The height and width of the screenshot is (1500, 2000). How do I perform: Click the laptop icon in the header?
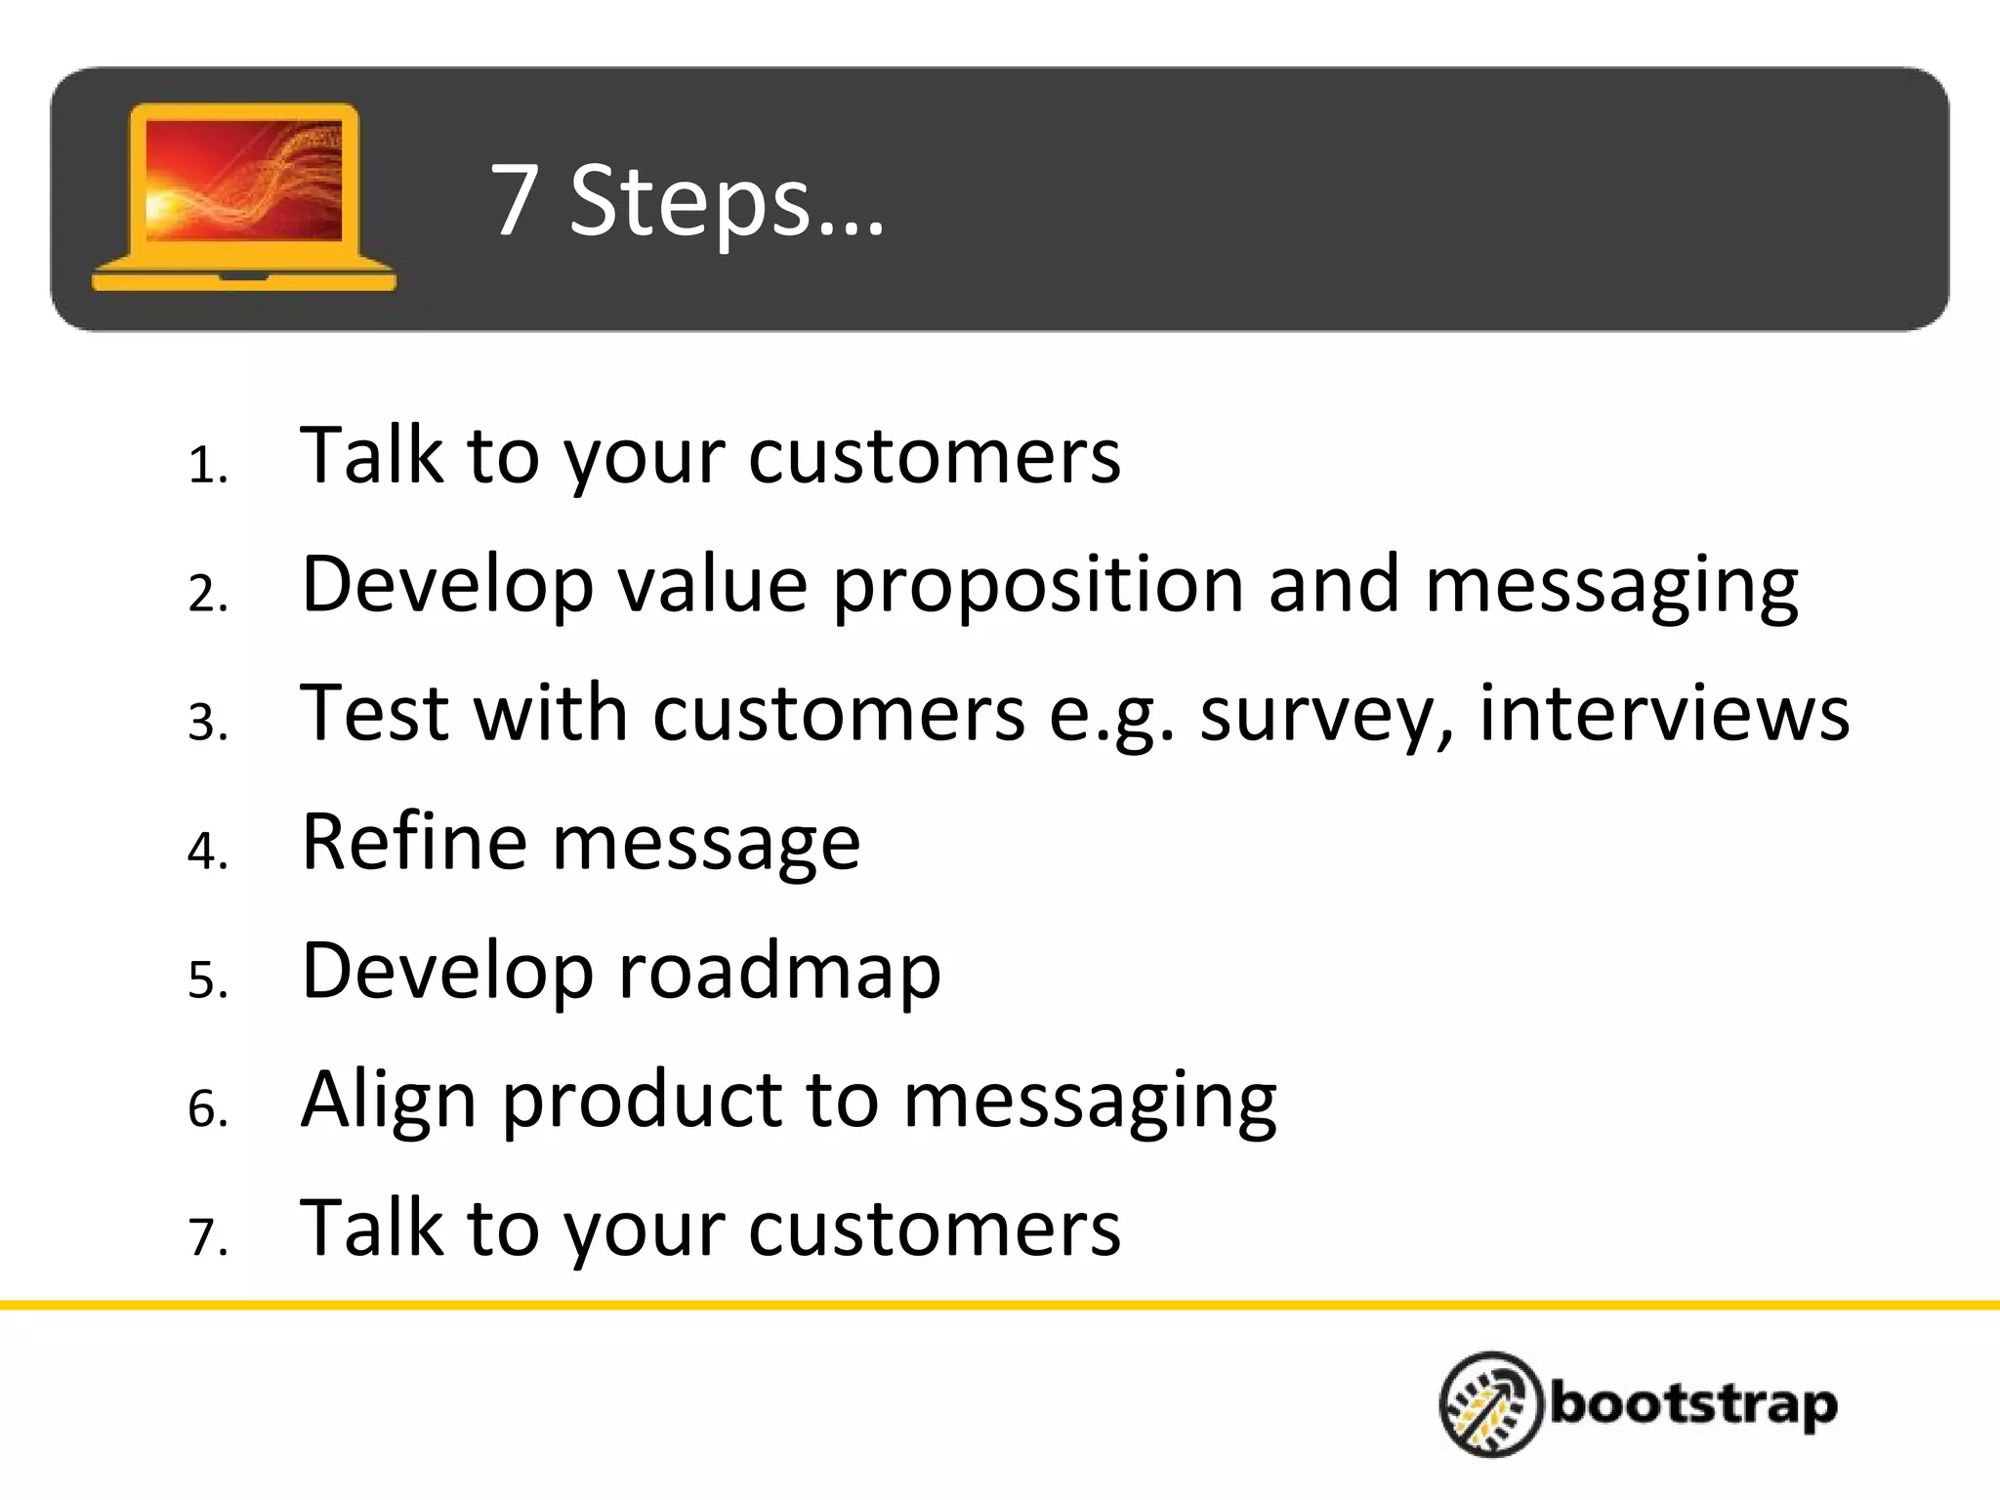[x=243, y=196]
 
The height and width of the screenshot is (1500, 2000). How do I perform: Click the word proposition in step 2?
[x=1037, y=586]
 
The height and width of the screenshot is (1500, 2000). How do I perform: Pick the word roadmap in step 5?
[x=779, y=972]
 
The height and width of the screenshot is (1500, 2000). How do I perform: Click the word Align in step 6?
[x=389, y=1101]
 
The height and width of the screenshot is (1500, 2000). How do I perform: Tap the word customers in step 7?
[x=934, y=1229]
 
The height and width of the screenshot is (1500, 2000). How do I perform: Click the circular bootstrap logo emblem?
[x=1490, y=1404]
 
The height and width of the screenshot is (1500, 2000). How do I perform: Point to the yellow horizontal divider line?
[x=1000, y=1305]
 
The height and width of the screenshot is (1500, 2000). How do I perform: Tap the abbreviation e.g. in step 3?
[x=1111, y=715]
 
